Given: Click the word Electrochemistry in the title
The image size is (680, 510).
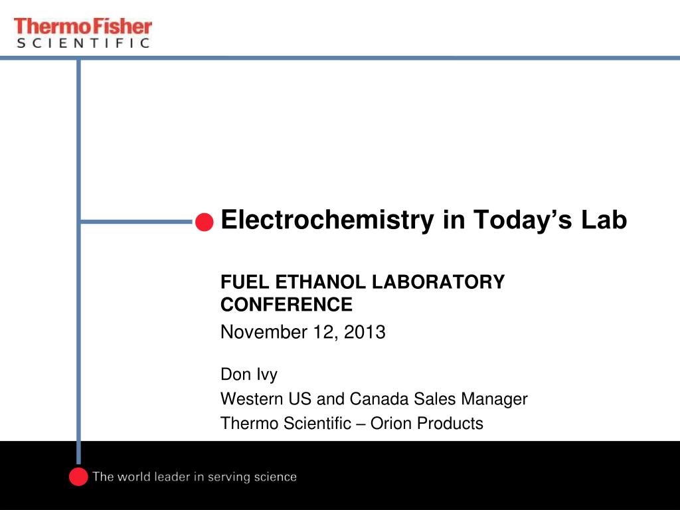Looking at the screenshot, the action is click(327, 220).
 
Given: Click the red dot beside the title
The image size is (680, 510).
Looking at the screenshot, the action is click(205, 222).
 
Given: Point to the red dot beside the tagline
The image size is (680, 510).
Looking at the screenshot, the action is click(78, 477).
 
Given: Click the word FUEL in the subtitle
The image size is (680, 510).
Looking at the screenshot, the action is click(244, 282).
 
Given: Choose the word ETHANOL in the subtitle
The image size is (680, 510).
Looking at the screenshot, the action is click(321, 282).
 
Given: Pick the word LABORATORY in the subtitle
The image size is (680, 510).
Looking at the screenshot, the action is click(438, 282).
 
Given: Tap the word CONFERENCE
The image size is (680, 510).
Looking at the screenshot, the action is click(287, 304).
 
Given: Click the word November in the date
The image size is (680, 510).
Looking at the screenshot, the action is click(264, 332).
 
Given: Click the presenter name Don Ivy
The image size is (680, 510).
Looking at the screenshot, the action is click(249, 375).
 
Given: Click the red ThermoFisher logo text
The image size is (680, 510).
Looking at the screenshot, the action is click(83, 27).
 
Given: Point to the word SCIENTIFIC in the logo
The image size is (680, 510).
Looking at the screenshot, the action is click(83, 43).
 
